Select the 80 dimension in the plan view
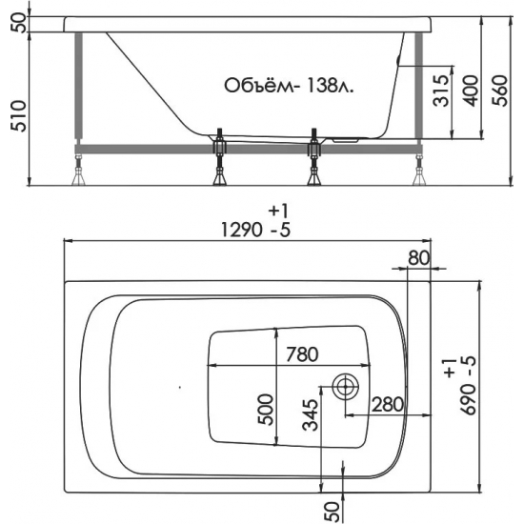(x=418, y=258)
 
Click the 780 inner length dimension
(x=301, y=354)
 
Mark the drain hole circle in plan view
(x=344, y=386)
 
